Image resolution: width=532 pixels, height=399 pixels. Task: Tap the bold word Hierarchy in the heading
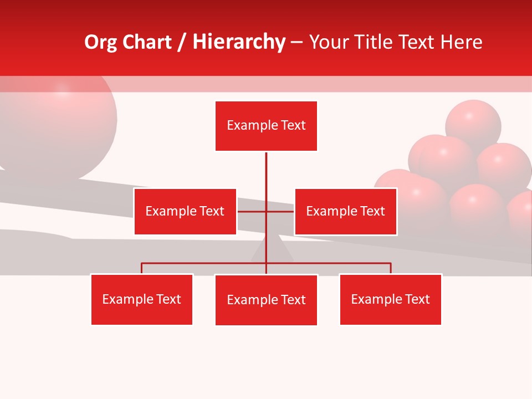pyautogui.click(x=239, y=42)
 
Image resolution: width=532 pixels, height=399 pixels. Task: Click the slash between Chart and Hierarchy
pyautogui.click(x=182, y=43)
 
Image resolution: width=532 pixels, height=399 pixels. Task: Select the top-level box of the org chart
pyautogui.click(x=266, y=126)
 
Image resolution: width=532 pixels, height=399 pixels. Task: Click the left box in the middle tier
pyautogui.click(x=185, y=211)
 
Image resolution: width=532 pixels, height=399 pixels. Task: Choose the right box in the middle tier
pyautogui.click(x=345, y=211)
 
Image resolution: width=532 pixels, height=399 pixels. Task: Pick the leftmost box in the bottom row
pyautogui.click(x=141, y=299)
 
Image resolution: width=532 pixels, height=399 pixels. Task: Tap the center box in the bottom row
pyautogui.click(x=266, y=300)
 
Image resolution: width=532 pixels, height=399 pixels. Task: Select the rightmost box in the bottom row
pyautogui.click(x=390, y=299)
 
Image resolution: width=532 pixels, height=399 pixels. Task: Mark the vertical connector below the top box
pyautogui.click(x=266, y=172)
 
